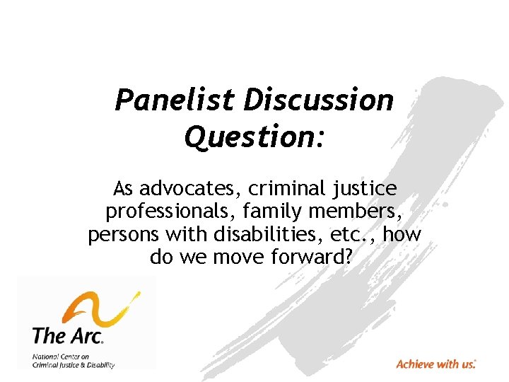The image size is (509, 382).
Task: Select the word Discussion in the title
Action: [318, 100]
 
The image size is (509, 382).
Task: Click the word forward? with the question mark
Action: [312, 257]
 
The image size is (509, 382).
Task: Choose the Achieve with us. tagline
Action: [436, 364]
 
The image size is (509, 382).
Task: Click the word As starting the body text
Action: [124, 190]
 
